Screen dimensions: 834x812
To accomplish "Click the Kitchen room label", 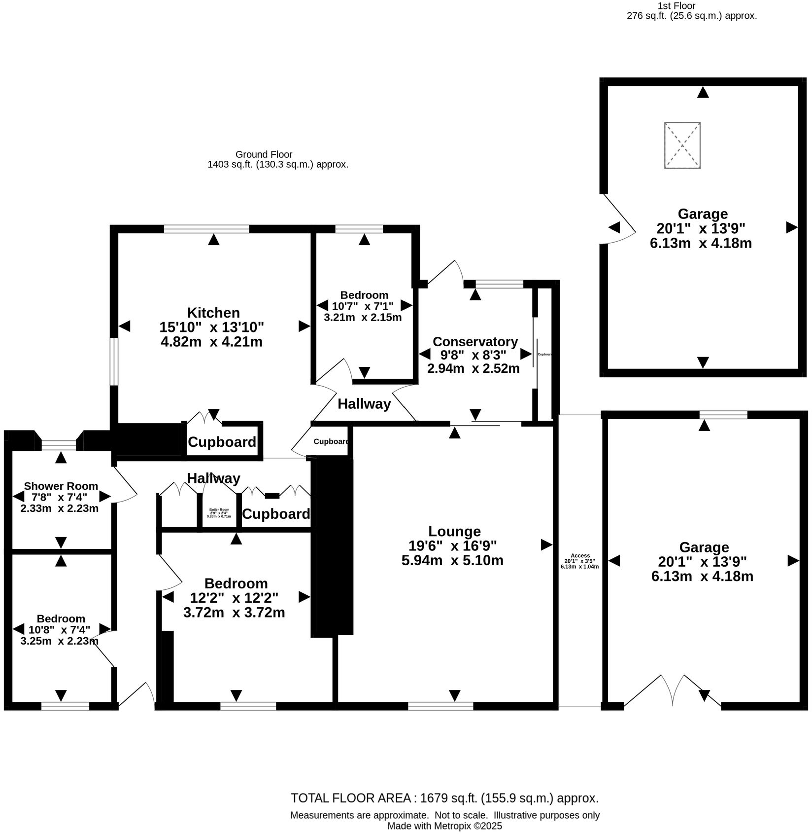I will (x=213, y=313).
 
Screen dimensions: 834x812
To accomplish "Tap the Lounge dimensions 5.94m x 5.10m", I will (x=452, y=560).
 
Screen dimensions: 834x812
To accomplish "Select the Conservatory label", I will (x=475, y=342).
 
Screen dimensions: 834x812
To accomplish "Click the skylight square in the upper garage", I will (x=682, y=145).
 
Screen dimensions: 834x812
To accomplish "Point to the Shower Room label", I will (x=61, y=486).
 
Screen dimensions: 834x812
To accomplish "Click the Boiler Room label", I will (x=219, y=510).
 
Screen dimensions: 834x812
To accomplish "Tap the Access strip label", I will (x=580, y=556).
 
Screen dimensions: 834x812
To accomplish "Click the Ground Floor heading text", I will (x=264, y=154).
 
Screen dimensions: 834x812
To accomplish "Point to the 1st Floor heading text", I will (x=676, y=6).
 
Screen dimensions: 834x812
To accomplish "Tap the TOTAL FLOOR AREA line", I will (x=444, y=798).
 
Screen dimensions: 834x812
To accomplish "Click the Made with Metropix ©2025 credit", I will (x=444, y=826).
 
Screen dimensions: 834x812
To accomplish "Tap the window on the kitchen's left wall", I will (x=114, y=362).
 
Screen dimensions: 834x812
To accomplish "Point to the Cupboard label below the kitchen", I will (x=222, y=442).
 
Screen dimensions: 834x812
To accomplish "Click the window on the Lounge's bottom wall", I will (x=440, y=706).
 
